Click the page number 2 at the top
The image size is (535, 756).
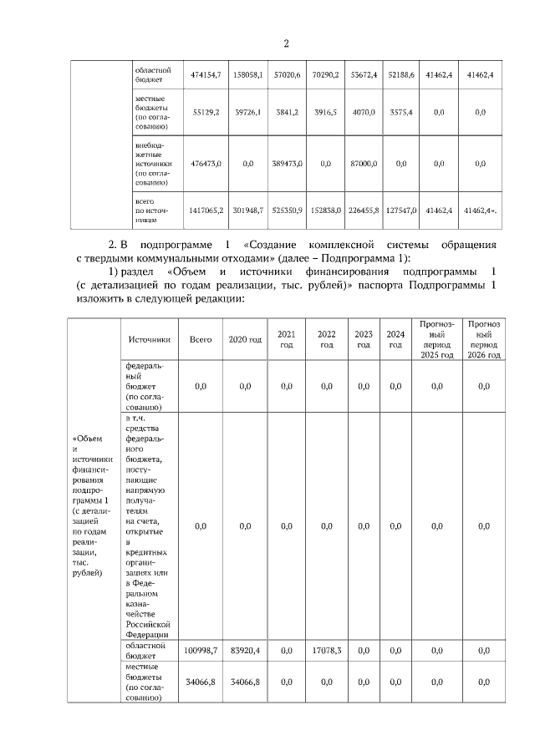point(285,44)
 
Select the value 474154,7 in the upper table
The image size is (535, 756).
point(206,75)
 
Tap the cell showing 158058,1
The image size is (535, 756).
point(248,75)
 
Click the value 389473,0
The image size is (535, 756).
point(287,164)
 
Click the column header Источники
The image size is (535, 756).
point(150,340)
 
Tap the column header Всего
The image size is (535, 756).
point(200,340)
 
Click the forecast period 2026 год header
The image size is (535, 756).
point(484,338)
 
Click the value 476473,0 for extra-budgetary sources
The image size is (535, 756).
point(206,164)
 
